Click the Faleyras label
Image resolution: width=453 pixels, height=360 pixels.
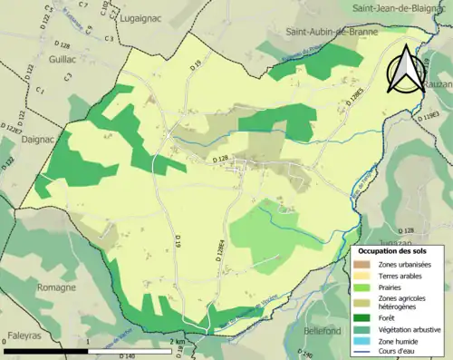(29, 335)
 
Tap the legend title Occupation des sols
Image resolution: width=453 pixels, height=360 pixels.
(392, 249)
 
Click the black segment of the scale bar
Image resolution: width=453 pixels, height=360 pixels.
(45, 349)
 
